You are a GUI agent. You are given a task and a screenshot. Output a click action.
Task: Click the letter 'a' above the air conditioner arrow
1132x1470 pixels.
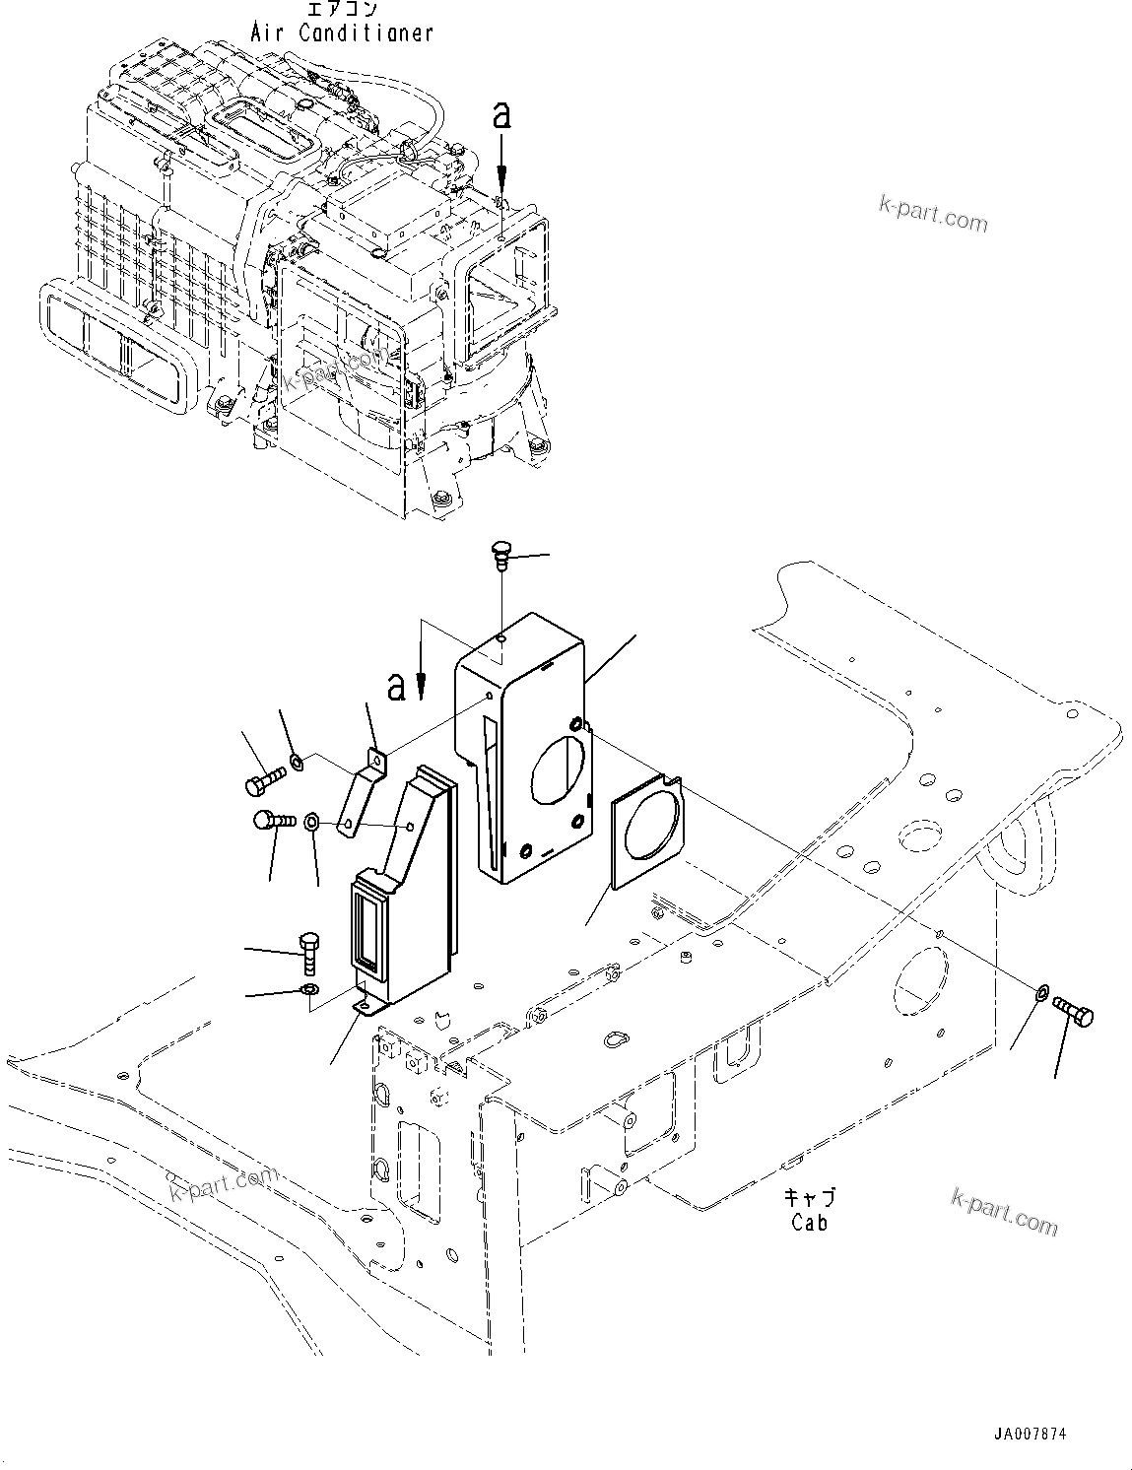[x=501, y=115]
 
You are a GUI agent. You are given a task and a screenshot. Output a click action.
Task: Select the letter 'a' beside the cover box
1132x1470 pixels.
[x=396, y=686]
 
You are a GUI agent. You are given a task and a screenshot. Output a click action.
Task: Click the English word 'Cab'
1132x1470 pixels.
[x=809, y=1222]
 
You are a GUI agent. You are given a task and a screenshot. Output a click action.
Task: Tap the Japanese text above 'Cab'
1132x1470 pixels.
[x=809, y=1197]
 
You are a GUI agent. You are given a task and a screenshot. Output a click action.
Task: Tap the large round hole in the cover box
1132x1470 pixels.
[x=560, y=767]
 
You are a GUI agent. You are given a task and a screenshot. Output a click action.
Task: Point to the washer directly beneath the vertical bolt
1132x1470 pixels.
[x=309, y=989]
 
